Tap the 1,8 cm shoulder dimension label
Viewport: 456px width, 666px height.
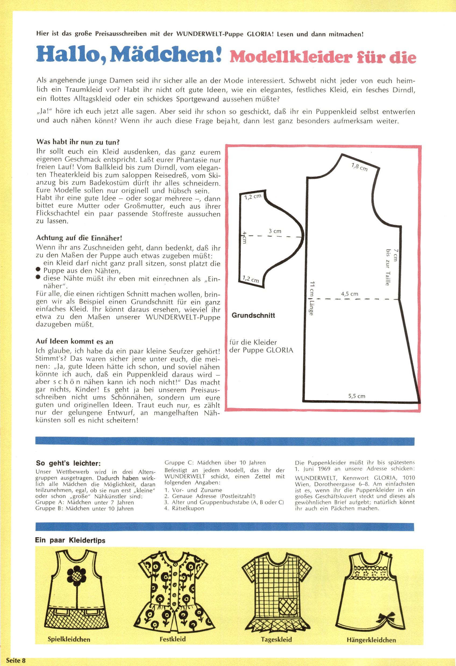pyautogui.click(x=359, y=166)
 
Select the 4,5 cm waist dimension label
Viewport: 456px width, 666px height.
pyautogui.click(x=349, y=294)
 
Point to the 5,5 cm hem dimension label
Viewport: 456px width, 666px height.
pyautogui.click(x=357, y=396)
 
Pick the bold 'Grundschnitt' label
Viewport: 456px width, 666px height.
pyautogui.click(x=253, y=316)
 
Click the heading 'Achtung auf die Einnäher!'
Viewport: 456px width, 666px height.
pyautogui.click(x=79, y=238)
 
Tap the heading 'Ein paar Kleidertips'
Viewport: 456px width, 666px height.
pyautogui.click(x=70, y=541)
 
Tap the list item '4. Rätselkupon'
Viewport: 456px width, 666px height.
pyautogui.click(x=184, y=508)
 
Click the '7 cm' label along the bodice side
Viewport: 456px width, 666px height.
pyautogui.click(x=396, y=255)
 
